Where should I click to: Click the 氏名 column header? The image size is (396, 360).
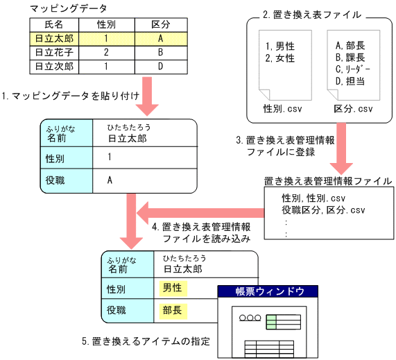point(53,24)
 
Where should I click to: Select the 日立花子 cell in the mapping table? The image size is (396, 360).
point(53,52)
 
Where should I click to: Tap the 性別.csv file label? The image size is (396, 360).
point(282,109)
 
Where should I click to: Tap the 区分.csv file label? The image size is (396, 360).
point(354,109)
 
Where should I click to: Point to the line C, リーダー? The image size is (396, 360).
point(352,70)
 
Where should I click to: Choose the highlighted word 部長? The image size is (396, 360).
point(172,310)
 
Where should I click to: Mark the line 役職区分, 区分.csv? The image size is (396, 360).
point(322,210)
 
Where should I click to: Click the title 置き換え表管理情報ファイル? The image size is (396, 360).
point(327,181)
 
